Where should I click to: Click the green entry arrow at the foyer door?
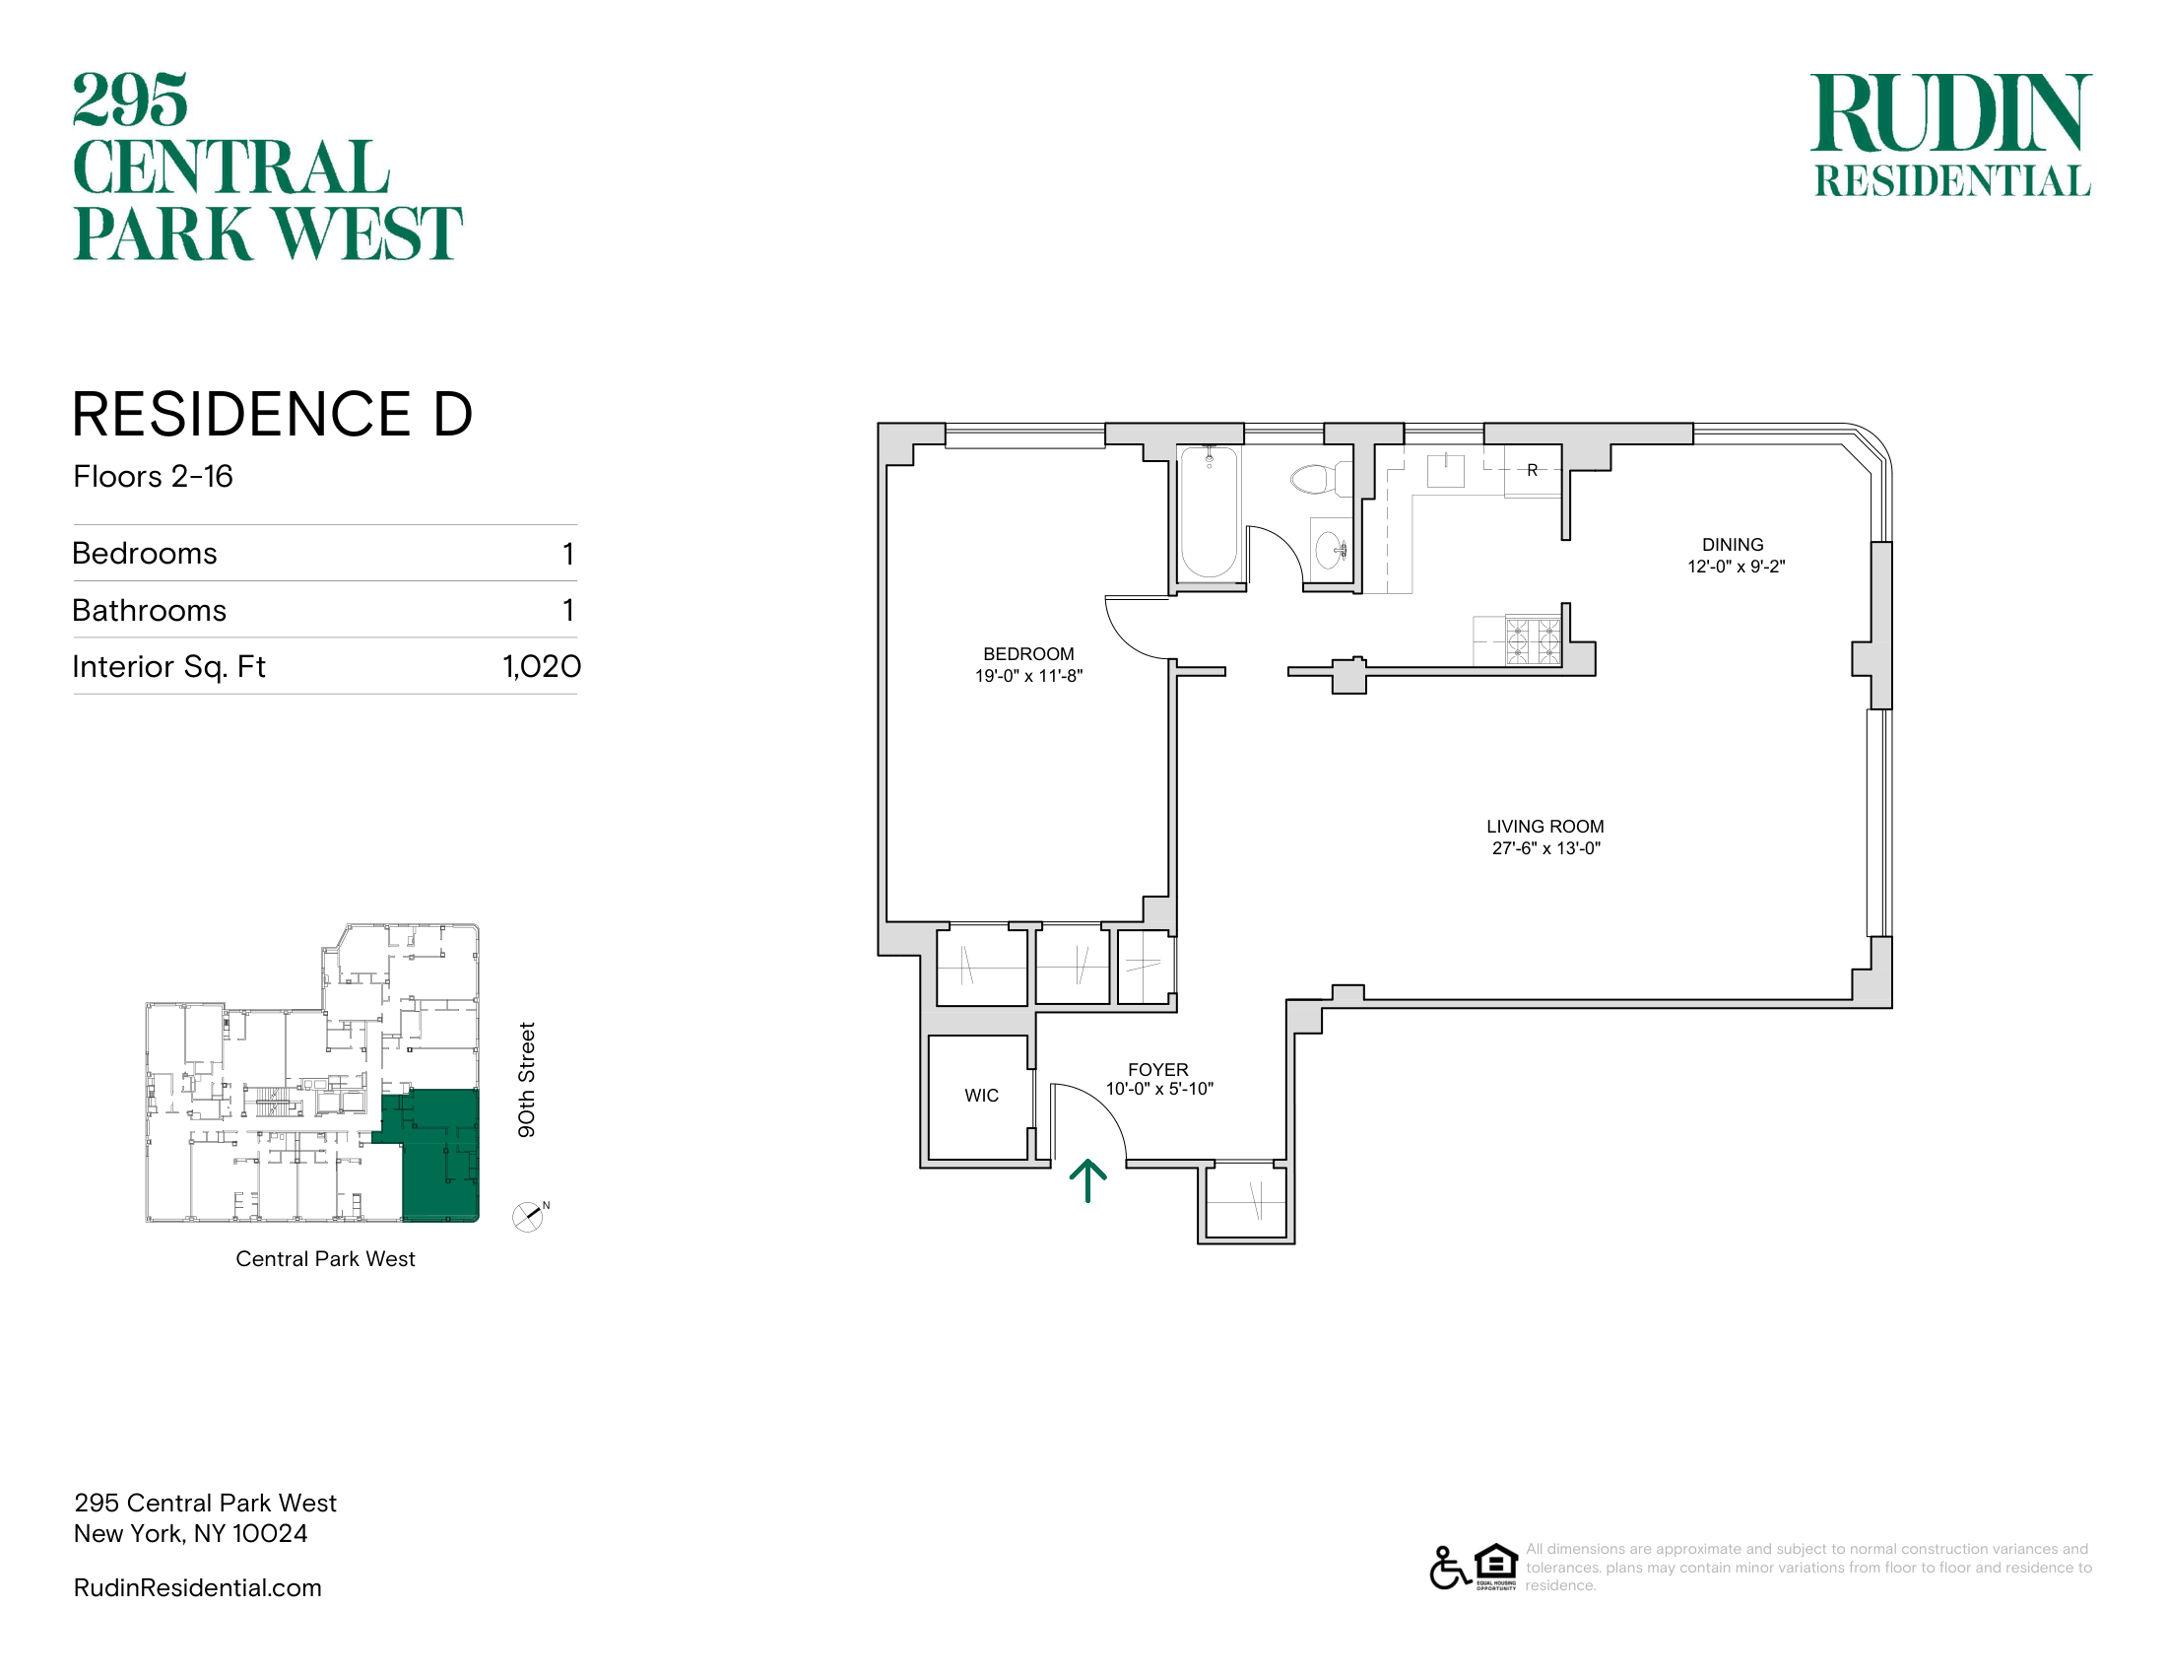pyautogui.click(x=1087, y=1179)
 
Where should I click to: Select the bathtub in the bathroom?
pyautogui.click(x=1209, y=512)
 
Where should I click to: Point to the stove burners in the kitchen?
pyautogui.click(x=1533, y=640)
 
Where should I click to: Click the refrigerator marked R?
pyautogui.click(x=1532, y=470)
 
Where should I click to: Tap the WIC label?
pyautogui.click(x=981, y=1096)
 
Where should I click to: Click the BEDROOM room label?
pyautogui.click(x=1028, y=654)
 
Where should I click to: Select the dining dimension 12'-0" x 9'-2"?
pyautogui.click(x=1737, y=567)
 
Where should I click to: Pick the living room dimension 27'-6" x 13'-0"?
pyautogui.click(x=1545, y=848)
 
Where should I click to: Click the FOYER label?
pyautogui.click(x=1158, y=1070)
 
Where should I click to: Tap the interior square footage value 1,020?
pyautogui.click(x=542, y=666)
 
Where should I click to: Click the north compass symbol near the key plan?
pyautogui.click(x=529, y=1217)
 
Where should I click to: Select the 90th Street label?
pyautogui.click(x=526, y=1080)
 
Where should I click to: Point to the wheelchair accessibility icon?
pyautogui.click(x=1449, y=1567)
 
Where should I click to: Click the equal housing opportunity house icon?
pyautogui.click(x=1496, y=1566)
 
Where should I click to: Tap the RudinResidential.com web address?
pyautogui.click(x=197, y=1587)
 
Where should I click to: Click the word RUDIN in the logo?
pyautogui.click(x=1950, y=113)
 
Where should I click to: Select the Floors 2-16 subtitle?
pyautogui.click(x=153, y=476)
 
